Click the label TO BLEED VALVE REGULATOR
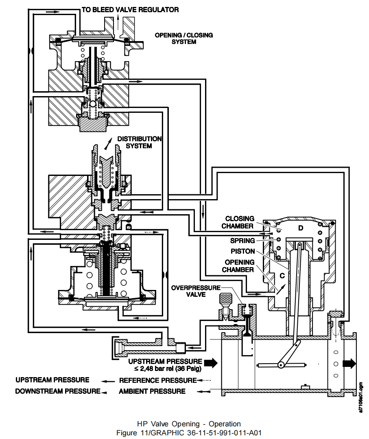(x=130, y=9)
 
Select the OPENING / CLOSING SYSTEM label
(x=183, y=38)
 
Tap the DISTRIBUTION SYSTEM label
(x=139, y=142)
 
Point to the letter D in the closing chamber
(x=301, y=228)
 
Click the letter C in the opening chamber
(x=281, y=276)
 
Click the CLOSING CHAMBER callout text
(x=240, y=222)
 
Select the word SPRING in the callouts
(x=242, y=241)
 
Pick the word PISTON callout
(x=242, y=251)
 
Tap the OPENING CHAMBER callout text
(x=240, y=266)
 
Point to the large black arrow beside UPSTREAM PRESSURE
(x=212, y=362)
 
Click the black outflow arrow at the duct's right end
(x=349, y=364)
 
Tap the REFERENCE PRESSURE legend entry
(x=157, y=380)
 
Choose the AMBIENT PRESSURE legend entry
(x=152, y=391)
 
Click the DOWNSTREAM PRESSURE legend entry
(x=57, y=391)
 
